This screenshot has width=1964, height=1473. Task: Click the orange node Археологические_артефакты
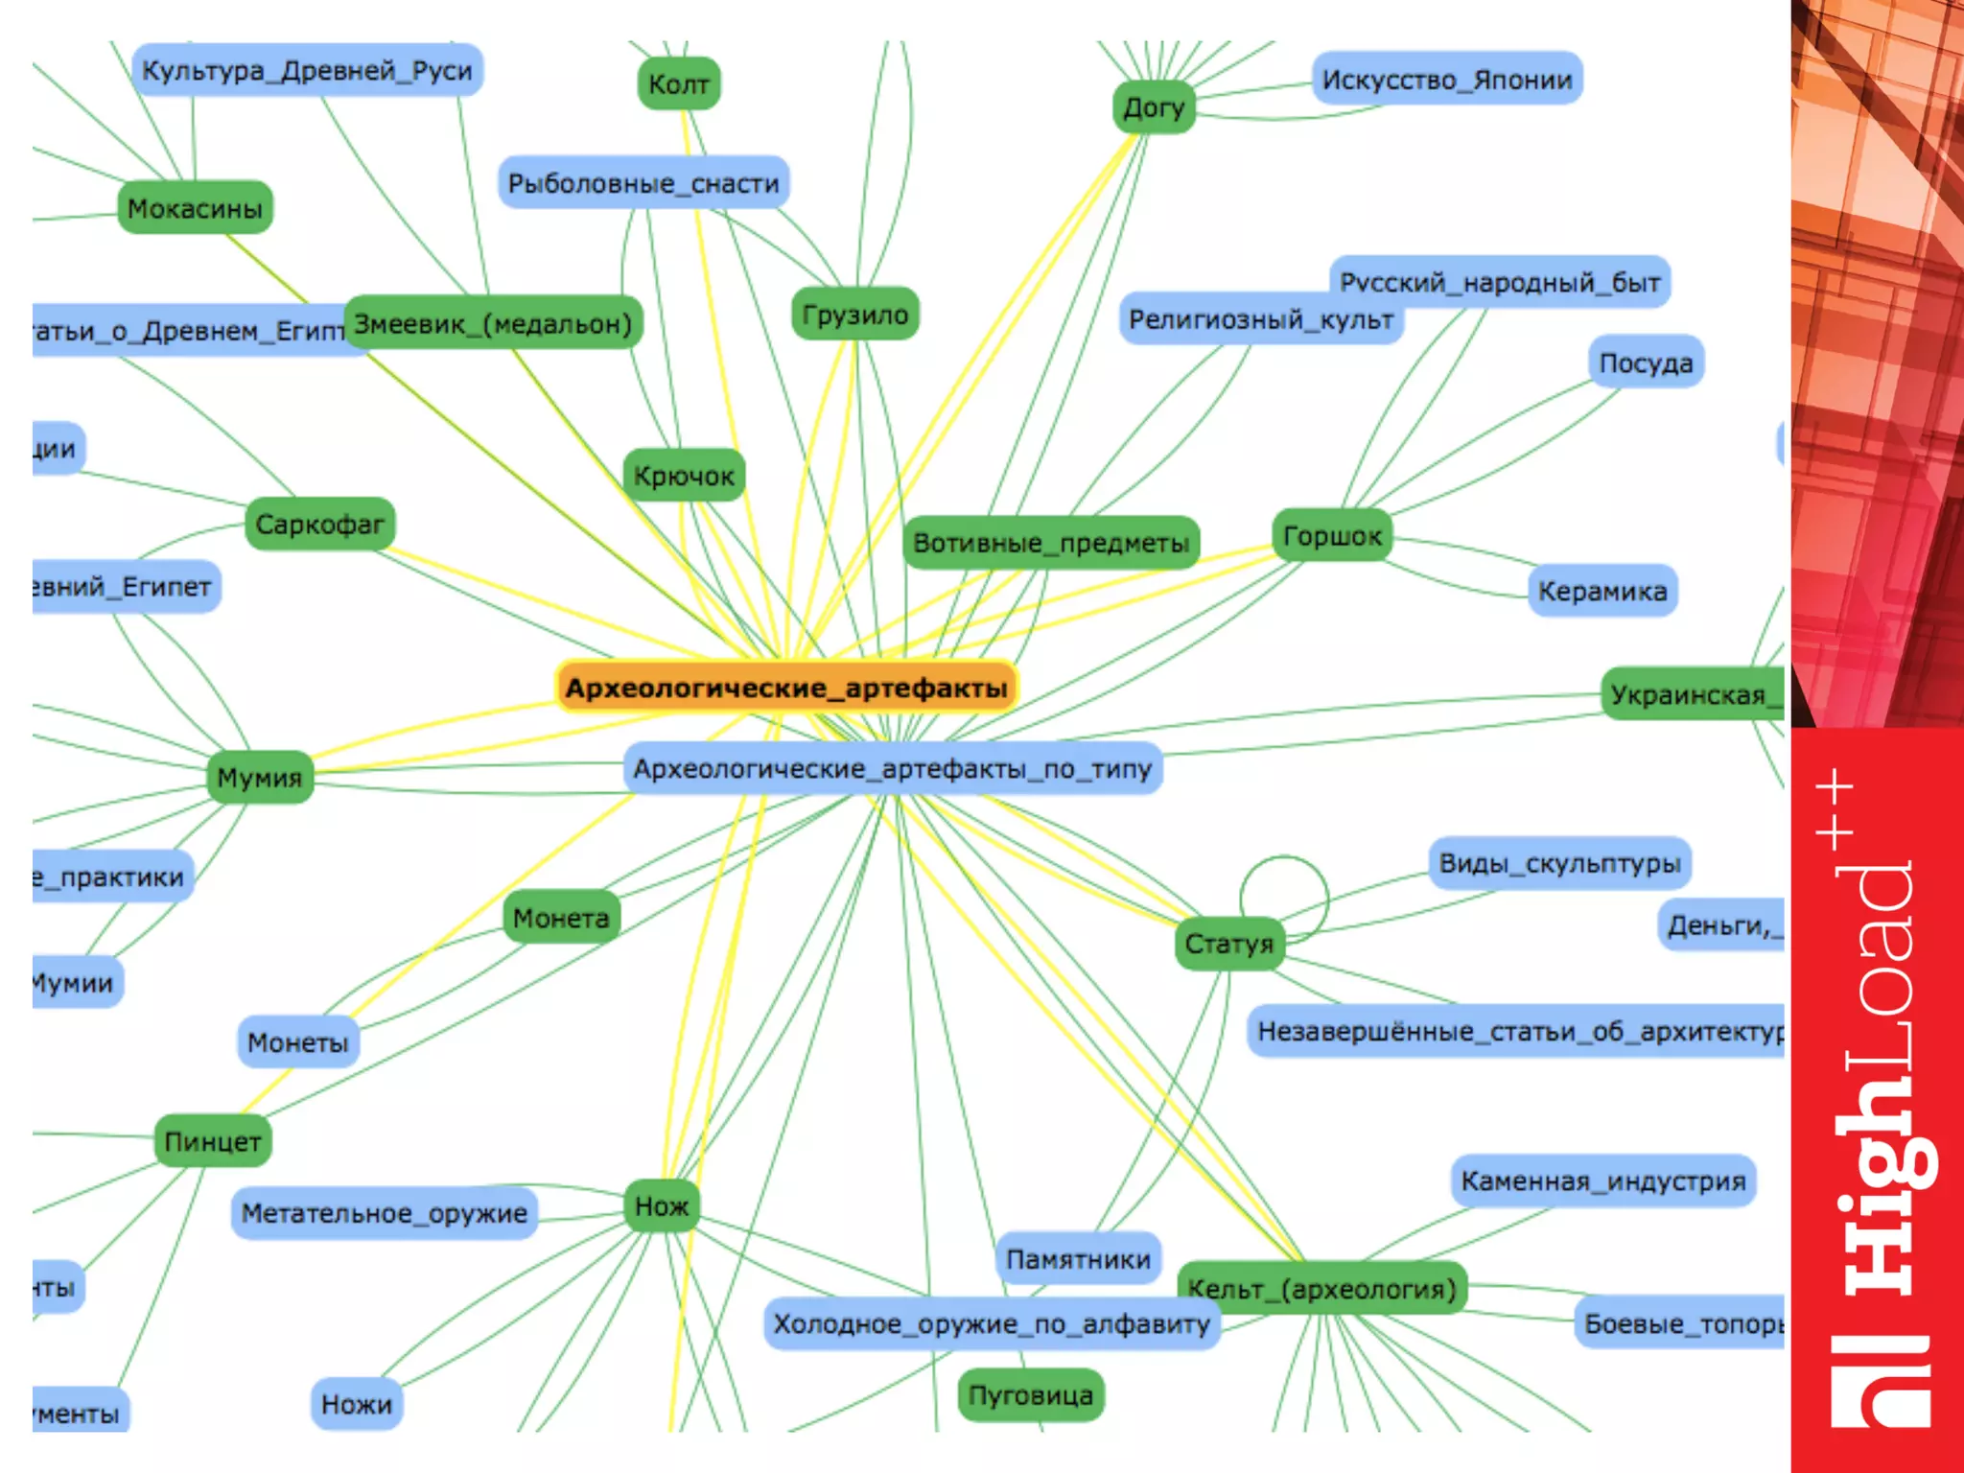pyautogui.click(x=786, y=688)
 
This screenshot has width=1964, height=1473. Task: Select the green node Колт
pyautogui.click(x=678, y=84)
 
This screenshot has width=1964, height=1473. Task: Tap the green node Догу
pyautogui.click(x=1154, y=107)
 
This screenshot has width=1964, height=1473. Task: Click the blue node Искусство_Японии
pyautogui.click(x=1446, y=80)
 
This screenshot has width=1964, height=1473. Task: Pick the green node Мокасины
pyautogui.click(x=195, y=208)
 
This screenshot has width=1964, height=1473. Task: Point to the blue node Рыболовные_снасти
pyautogui.click(x=643, y=183)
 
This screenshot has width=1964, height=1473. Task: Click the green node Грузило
pyautogui.click(x=854, y=315)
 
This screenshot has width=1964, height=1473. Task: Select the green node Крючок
pyautogui.click(x=684, y=476)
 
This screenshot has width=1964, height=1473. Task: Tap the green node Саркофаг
pyautogui.click(x=319, y=525)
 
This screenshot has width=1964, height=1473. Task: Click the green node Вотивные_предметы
pyautogui.click(x=1051, y=543)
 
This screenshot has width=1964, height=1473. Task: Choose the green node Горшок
pyautogui.click(x=1332, y=536)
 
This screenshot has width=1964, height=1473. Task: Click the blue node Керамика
pyautogui.click(x=1602, y=591)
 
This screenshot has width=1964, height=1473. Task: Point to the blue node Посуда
pyautogui.click(x=1646, y=363)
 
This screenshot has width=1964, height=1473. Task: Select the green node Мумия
pyautogui.click(x=259, y=777)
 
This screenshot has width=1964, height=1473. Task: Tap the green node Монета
pyautogui.click(x=561, y=918)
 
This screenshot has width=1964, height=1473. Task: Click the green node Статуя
pyautogui.click(x=1228, y=944)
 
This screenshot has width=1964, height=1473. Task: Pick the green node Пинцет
pyautogui.click(x=213, y=1141)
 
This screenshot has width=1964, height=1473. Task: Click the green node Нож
pyautogui.click(x=662, y=1205)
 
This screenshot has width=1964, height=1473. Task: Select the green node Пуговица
pyautogui.click(x=1030, y=1395)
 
